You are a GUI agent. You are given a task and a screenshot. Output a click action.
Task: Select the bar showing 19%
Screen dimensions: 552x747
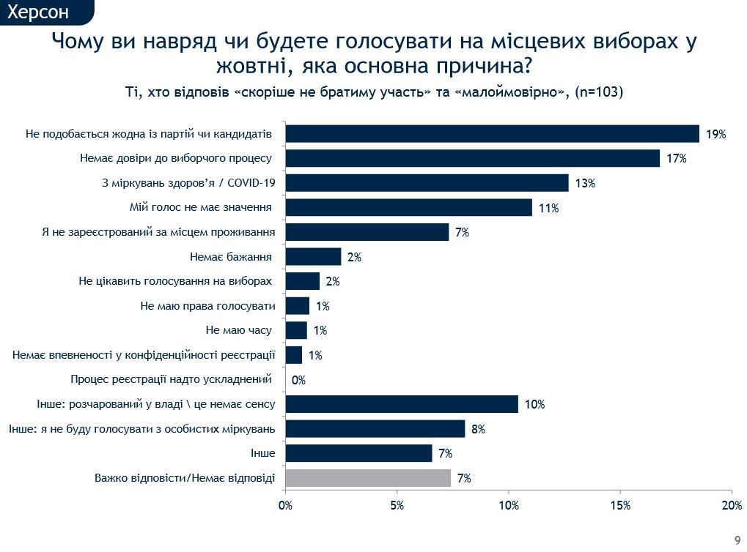click(x=492, y=133)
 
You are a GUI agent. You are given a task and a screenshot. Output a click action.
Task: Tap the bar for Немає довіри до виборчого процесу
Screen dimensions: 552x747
click(x=472, y=158)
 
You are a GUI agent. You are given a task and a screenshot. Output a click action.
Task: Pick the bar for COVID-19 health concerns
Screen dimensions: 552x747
click(x=427, y=183)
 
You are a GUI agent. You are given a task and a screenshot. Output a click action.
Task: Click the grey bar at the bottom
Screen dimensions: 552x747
click(x=368, y=478)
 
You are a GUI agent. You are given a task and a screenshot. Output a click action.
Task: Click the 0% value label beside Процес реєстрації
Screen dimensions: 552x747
click(x=298, y=380)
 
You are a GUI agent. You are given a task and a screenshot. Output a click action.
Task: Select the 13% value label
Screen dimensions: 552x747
click(x=584, y=183)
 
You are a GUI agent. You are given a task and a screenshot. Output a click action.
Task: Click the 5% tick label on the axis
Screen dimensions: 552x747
click(x=397, y=506)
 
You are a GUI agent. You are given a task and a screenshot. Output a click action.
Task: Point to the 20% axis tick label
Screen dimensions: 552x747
click(x=732, y=506)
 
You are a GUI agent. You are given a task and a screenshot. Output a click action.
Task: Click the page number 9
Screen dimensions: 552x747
click(x=737, y=537)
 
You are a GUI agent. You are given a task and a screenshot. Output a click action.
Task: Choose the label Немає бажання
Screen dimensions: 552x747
click(x=230, y=257)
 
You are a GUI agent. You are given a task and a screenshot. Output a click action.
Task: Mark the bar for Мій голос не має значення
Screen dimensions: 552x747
click(x=408, y=207)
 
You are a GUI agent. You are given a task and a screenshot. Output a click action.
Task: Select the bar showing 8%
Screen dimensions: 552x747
click(x=375, y=429)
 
